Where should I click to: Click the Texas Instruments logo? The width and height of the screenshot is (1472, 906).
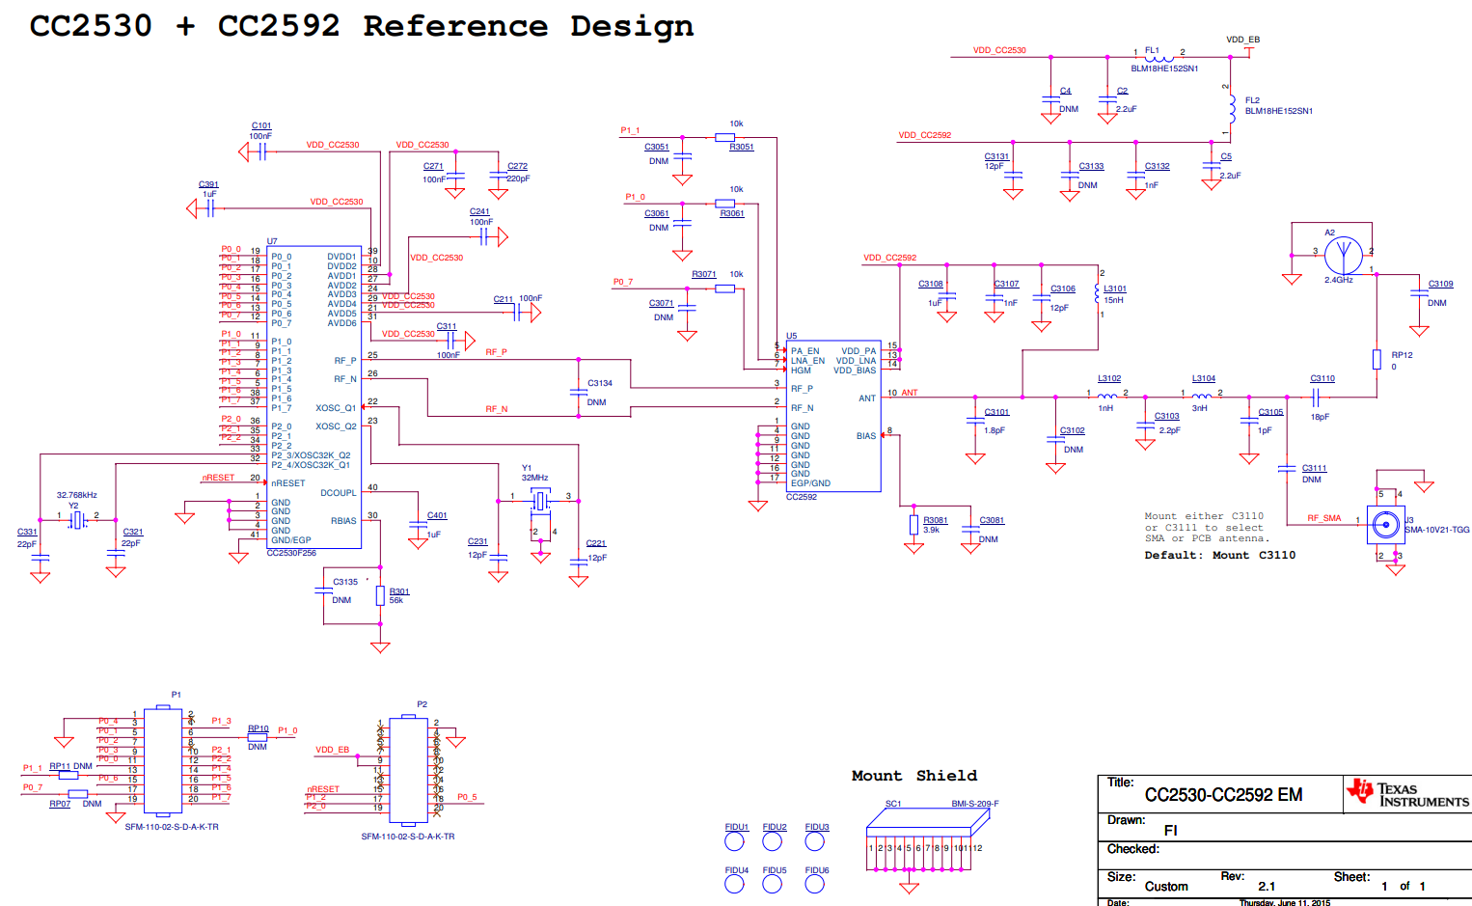pos(1407,793)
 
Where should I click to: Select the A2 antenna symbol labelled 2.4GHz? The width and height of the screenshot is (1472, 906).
pos(1343,256)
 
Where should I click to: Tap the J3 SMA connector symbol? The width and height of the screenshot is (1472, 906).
pos(1386,525)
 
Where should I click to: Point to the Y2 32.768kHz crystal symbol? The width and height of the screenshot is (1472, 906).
pos(77,520)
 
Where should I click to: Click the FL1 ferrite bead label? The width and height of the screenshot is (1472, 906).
pos(1152,50)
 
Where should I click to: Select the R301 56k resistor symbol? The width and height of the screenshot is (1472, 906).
pos(380,596)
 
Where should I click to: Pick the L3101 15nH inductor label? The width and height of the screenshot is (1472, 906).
pos(1114,288)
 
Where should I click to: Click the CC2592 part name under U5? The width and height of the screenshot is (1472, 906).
pos(801,497)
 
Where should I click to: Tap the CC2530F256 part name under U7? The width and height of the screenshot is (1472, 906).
pos(291,553)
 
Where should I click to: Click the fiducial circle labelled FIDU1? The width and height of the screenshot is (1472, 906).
pos(735,841)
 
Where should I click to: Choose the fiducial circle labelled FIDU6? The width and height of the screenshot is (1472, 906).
pos(815,884)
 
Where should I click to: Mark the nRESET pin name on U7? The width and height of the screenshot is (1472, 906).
pos(287,483)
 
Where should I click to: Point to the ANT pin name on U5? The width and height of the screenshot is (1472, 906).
pos(867,398)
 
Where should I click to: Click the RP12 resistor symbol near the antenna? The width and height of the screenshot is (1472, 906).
pos(1377,360)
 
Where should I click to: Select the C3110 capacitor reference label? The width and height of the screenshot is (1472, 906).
pos(1322,378)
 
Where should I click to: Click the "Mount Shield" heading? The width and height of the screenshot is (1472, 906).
pos(913,776)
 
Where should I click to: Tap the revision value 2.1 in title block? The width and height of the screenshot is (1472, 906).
pos(1267,886)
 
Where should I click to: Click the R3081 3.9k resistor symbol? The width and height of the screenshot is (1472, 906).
pos(913,525)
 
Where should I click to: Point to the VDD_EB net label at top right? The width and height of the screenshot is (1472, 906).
pos(1242,40)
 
